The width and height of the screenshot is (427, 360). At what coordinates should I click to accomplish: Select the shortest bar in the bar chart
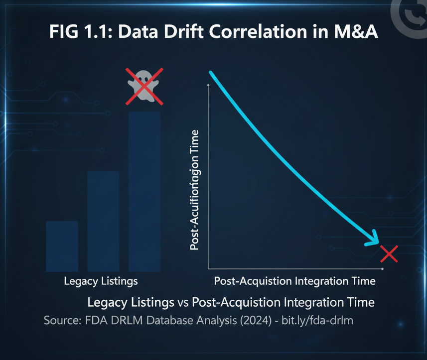(x=62, y=246)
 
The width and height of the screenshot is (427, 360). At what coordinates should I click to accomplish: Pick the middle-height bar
(x=103, y=221)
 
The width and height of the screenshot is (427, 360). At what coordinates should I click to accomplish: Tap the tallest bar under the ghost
(x=144, y=192)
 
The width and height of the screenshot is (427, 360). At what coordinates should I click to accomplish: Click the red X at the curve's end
(x=389, y=254)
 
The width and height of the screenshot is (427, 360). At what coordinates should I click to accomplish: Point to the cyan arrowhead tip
(x=378, y=244)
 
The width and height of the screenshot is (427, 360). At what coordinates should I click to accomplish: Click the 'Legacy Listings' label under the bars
(x=101, y=281)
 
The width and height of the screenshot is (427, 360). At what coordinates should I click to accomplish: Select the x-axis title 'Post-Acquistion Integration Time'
(x=294, y=281)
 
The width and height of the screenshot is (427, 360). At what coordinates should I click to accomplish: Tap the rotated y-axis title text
(x=194, y=190)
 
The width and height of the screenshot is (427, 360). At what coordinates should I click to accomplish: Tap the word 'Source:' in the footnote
(x=62, y=320)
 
